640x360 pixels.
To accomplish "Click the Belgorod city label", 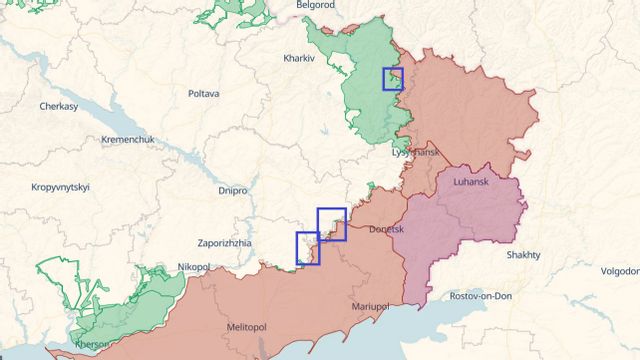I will pos(314,5).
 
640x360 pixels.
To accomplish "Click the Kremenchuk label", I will pos(127,139).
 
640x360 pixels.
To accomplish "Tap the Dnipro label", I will pos(232,189).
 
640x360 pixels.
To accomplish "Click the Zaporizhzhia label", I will pos(232,243).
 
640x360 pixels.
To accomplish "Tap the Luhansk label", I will pos(472,184).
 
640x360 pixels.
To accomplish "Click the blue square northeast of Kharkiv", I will pos(393,79).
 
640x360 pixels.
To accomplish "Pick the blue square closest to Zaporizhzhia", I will pos(308,248).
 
